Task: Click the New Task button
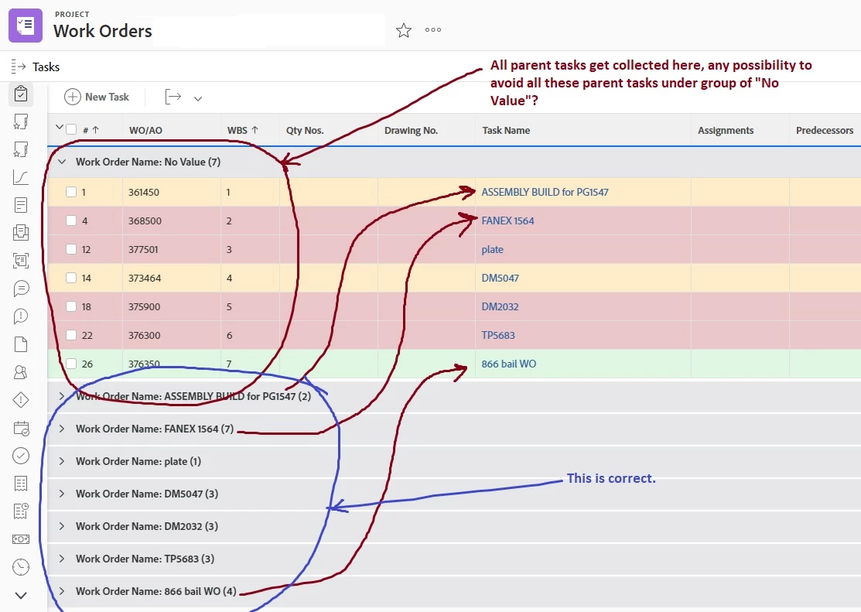coord(97,97)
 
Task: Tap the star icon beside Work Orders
coord(404,30)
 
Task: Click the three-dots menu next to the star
coord(433,30)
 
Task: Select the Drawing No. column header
coord(411,130)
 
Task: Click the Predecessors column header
coord(824,130)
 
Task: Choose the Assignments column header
coord(726,130)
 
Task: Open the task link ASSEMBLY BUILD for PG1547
coord(545,192)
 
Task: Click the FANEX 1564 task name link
coord(507,221)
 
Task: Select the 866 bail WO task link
coord(508,364)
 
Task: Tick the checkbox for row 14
coord(71,278)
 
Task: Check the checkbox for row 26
coord(71,364)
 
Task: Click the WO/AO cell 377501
coord(144,249)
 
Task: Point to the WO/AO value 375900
coord(145,306)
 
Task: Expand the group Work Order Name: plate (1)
coord(62,461)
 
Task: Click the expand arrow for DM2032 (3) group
coord(62,526)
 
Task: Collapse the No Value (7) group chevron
coord(62,162)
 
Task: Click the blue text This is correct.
coord(611,478)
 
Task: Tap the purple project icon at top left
coord(26,26)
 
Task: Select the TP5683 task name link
coord(498,335)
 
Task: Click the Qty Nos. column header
coord(305,130)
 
